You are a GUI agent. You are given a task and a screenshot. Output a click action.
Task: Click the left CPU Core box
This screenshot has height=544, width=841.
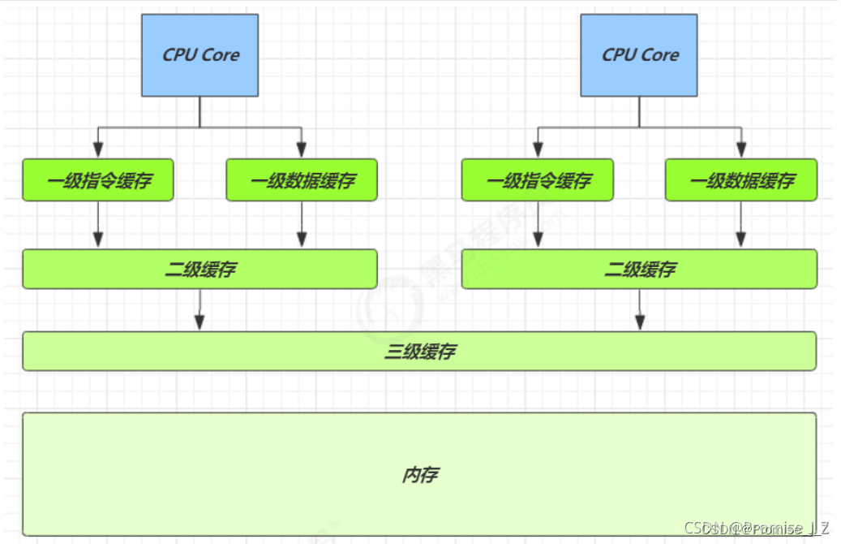pos(200,55)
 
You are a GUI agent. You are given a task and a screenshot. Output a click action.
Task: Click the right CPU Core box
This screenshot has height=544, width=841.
pos(640,55)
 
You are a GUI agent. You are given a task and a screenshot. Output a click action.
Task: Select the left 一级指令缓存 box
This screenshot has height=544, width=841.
pos(98,180)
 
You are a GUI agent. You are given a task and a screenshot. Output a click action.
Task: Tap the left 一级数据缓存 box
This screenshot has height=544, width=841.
pos(302,180)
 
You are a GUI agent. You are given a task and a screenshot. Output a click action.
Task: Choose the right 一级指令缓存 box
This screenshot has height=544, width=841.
pos(537,180)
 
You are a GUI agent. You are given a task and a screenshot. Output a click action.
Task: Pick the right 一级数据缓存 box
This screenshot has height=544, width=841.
pos(741,180)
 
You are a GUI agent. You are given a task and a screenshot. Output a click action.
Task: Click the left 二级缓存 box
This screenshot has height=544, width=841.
pos(200,270)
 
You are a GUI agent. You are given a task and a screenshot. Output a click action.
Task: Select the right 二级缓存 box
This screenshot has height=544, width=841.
pos(639,270)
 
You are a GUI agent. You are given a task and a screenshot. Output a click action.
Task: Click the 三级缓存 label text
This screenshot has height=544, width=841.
pos(419,352)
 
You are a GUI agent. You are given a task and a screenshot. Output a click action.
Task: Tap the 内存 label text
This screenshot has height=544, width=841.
pos(419,475)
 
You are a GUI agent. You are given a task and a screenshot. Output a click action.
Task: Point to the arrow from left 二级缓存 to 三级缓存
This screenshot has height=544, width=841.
pos(200,310)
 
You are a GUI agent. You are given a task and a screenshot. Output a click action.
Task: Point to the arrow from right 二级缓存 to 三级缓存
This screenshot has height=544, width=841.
pos(640,310)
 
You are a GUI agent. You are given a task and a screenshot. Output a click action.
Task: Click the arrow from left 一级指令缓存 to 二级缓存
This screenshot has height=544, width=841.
pos(98,224)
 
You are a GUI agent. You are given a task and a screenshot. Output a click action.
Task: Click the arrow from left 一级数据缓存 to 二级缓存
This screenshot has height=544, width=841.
pos(302,224)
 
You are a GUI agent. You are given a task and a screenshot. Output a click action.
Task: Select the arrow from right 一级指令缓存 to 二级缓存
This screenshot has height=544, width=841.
pos(537,224)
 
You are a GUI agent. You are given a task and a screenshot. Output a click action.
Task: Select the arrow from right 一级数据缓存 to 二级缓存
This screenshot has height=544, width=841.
pos(741,224)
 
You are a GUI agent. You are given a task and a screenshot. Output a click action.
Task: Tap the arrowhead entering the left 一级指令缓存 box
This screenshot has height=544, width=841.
pos(98,150)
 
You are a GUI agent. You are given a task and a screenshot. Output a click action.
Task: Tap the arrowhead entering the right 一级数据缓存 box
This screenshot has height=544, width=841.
pos(741,150)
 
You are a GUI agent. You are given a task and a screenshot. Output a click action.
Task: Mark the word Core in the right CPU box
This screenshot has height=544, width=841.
pos(661,55)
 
